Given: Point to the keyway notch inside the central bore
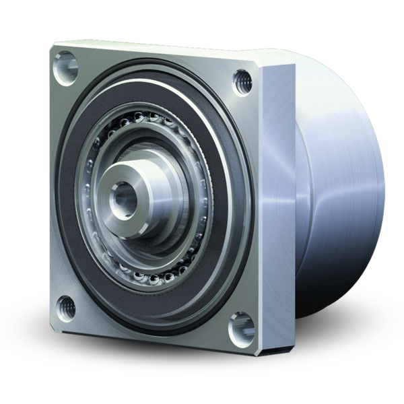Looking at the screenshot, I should (121, 195).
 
